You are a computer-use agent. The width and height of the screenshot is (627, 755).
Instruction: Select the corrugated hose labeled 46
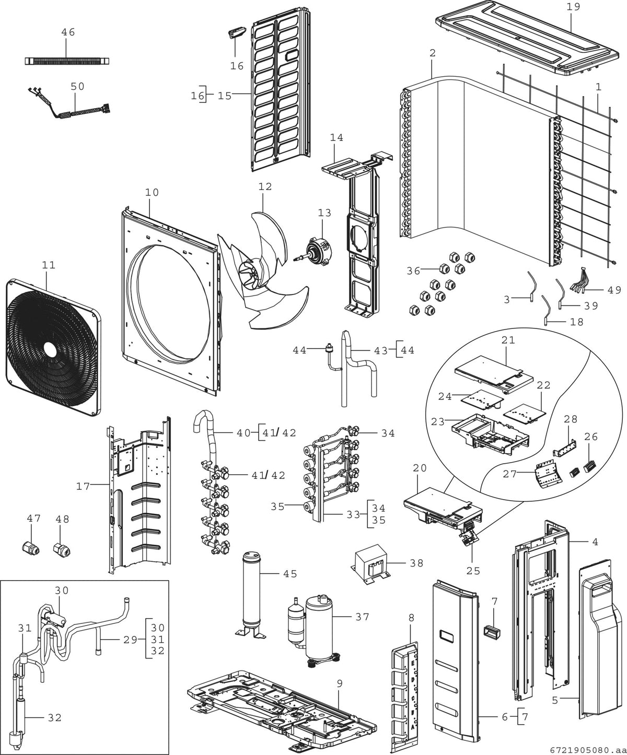point(67,61)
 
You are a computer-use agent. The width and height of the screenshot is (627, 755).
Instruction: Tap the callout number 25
point(473,571)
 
